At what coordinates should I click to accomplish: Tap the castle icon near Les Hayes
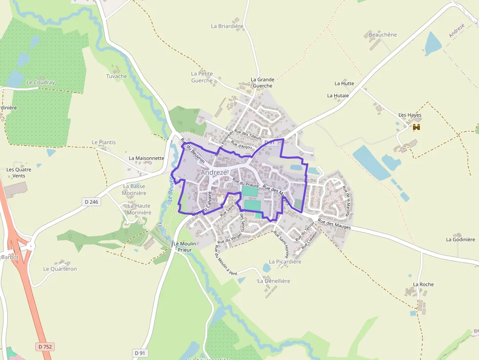(416, 127)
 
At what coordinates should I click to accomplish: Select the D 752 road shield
(45, 346)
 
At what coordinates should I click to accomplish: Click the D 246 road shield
(91, 201)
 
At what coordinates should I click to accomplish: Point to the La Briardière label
(227, 26)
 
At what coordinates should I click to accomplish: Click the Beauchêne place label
(383, 35)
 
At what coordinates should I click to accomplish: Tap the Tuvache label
(116, 76)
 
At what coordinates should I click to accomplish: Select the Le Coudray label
(41, 83)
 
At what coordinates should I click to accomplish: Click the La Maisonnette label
(147, 158)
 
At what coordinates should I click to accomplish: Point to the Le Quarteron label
(60, 269)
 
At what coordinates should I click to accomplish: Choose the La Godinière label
(460, 239)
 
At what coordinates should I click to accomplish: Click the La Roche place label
(423, 284)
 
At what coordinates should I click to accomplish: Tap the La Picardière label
(285, 262)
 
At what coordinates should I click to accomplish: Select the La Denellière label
(274, 281)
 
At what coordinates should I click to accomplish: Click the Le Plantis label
(104, 142)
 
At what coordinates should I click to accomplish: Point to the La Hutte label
(344, 84)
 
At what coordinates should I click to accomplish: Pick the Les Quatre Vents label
(19, 172)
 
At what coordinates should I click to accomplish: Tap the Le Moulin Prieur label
(184, 247)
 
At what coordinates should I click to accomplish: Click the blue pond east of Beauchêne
(433, 44)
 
